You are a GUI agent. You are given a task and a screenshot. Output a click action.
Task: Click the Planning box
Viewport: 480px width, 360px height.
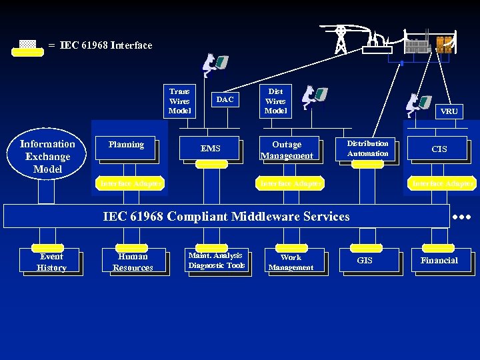[x=127, y=147]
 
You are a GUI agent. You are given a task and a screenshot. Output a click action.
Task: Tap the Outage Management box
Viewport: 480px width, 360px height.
[x=287, y=150]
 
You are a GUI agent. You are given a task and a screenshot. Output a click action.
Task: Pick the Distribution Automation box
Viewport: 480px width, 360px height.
[x=367, y=149]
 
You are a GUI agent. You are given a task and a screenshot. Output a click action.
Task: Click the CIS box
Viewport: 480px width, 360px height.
[x=439, y=149]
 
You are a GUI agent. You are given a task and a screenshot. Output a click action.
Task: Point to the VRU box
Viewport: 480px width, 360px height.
[x=449, y=111]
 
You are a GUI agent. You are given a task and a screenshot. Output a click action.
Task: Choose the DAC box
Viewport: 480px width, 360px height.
[x=225, y=100]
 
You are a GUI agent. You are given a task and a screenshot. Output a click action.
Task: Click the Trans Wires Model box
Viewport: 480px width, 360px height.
[x=179, y=101]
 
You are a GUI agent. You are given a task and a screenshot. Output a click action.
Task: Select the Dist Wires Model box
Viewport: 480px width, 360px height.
[x=275, y=101]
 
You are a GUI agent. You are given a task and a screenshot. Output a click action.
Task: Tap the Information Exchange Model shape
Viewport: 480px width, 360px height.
[x=47, y=157]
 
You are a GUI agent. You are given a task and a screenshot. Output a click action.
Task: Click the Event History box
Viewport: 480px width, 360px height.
[x=51, y=261]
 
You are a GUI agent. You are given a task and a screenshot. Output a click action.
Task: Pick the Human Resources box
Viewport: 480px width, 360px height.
[x=133, y=261]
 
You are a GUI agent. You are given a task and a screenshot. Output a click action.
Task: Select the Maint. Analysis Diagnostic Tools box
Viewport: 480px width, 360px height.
[x=217, y=261]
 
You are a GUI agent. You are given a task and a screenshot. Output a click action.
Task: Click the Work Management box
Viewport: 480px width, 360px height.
[x=291, y=261]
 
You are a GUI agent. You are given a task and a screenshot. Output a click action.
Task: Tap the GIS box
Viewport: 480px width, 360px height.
[x=365, y=261]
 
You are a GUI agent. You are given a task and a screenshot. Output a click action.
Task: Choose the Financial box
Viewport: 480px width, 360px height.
[x=439, y=261]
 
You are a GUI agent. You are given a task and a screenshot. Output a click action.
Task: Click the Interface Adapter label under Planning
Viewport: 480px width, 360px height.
[x=130, y=183]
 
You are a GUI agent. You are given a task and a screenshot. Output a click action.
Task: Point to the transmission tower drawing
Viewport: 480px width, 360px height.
[x=341, y=39]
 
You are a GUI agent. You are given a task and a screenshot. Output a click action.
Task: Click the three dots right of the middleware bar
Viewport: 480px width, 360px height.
[x=462, y=217]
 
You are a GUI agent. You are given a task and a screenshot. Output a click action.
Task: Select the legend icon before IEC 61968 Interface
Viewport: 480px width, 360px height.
[x=27, y=47]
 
